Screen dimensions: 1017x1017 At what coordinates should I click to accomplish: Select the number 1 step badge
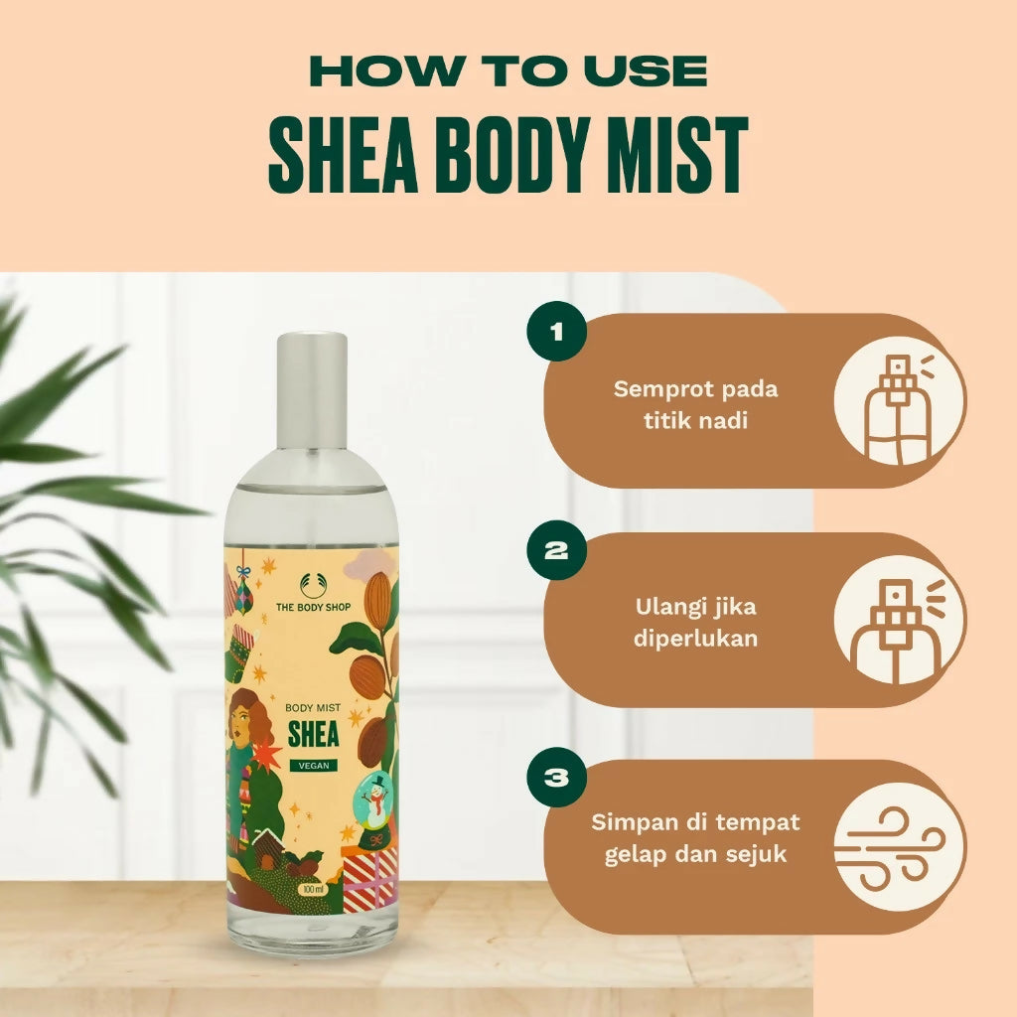(556, 332)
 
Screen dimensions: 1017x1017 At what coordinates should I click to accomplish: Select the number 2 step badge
(556, 550)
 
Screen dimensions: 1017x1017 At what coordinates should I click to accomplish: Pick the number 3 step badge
(556, 777)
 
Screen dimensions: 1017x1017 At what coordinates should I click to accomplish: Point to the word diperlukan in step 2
(695, 639)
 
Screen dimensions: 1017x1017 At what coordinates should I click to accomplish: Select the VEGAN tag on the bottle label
(314, 766)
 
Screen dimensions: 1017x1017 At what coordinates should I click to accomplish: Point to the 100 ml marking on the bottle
(312, 889)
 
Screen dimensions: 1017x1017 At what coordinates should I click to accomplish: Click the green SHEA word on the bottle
(313, 734)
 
